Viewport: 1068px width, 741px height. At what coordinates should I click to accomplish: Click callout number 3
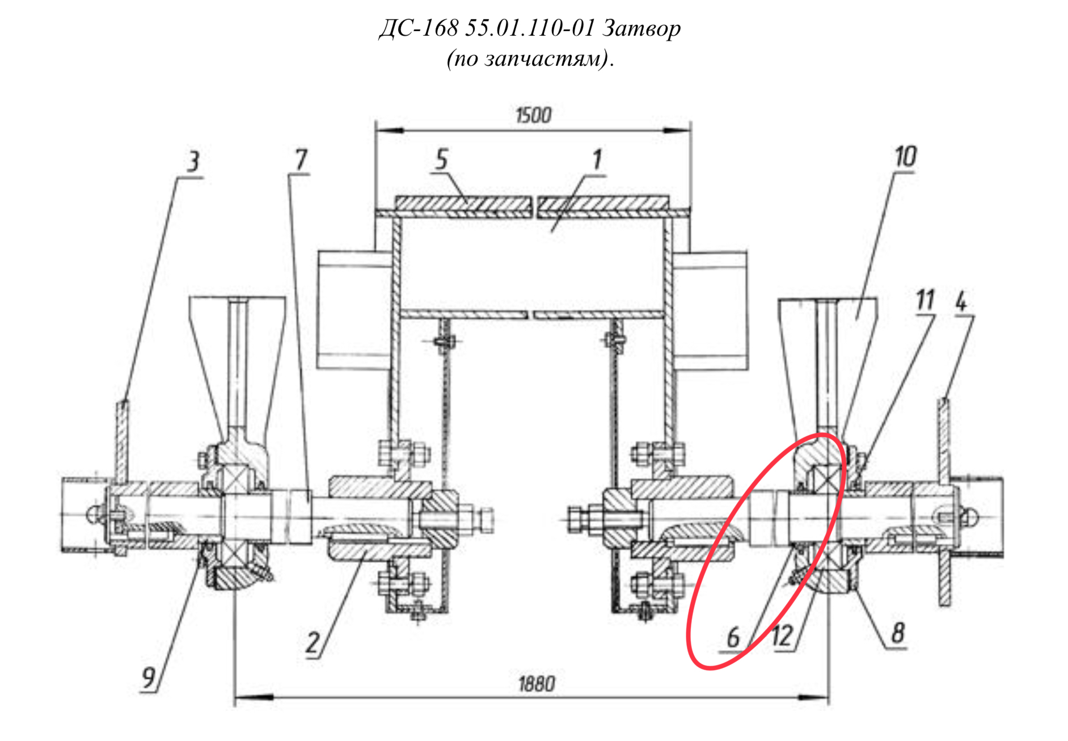click(x=193, y=162)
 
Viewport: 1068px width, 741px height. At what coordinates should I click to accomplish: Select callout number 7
click(x=301, y=160)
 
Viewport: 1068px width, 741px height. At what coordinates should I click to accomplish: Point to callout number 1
click(x=597, y=160)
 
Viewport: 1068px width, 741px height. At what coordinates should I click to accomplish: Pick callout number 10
click(x=905, y=157)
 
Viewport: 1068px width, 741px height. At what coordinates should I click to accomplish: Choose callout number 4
click(x=961, y=301)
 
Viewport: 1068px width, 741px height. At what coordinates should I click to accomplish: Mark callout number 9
click(x=148, y=677)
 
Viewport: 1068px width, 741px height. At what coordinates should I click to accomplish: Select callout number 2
click(x=313, y=643)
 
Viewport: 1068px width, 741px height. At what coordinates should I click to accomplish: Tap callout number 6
click(x=733, y=637)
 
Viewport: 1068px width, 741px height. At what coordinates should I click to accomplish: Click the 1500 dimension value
click(x=533, y=116)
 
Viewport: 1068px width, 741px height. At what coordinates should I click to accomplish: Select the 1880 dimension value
click(x=537, y=684)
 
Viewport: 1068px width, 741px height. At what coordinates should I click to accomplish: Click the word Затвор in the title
click(x=641, y=28)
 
